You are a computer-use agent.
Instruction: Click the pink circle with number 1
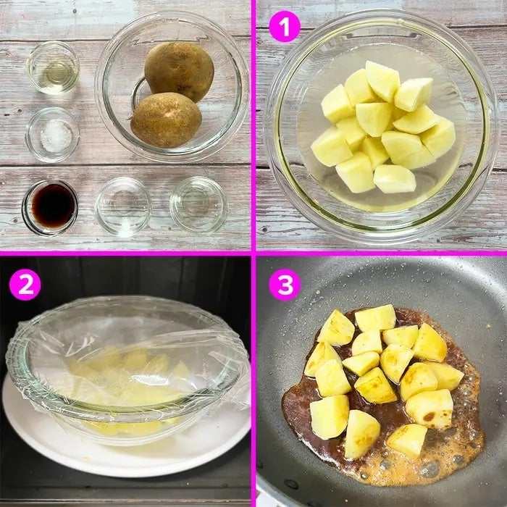pyautogui.click(x=285, y=26)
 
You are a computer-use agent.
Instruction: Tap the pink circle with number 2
pyautogui.click(x=25, y=285)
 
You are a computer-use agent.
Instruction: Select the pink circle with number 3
pyautogui.click(x=285, y=285)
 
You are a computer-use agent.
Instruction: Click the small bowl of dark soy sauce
pyautogui.click(x=50, y=208)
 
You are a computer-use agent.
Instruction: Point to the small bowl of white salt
pyautogui.click(x=53, y=135)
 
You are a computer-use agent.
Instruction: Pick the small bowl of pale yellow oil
pyautogui.click(x=54, y=68)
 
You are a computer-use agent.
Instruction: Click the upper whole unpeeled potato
pyautogui.click(x=179, y=71)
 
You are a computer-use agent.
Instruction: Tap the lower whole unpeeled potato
pyautogui.click(x=166, y=120)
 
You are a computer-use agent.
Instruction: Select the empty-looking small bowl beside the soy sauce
pyautogui.click(x=122, y=206)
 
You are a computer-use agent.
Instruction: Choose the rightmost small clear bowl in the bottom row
pyautogui.click(x=198, y=205)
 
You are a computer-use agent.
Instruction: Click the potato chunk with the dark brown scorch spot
pyautogui.click(x=430, y=408)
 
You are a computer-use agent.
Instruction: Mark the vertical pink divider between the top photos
pyautogui.click(x=253, y=125)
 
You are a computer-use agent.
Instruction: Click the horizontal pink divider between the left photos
pyautogui.click(x=125, y=253)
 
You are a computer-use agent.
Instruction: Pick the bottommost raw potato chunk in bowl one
pyautogui.click(x=395, y=179)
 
